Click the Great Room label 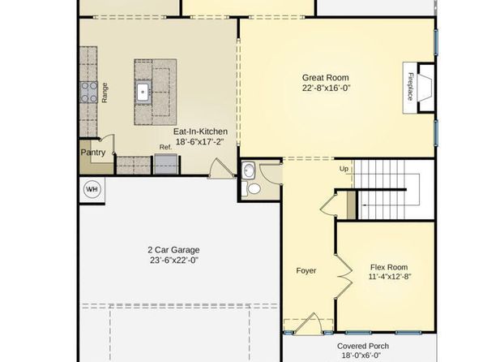click(325, 78)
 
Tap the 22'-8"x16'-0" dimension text click(327, 88)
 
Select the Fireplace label click(410, 86)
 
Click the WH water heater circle click(92, 189)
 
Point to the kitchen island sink click(143, 92)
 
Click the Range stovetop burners click(88, 93)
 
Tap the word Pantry click(93, 153)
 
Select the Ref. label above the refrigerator click(165, 148)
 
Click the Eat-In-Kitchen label click(200, 131)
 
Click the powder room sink click(248, 170)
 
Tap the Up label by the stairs click(344, 169)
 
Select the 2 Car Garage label click(173, 250)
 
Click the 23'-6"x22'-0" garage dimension click(174, 261)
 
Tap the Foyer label click(306, 270)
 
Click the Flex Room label click(389, 267)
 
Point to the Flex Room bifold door click(343, 277)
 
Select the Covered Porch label click(363, 347)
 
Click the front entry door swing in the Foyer click(308, 324)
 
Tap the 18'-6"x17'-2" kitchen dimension click(199, 142)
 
